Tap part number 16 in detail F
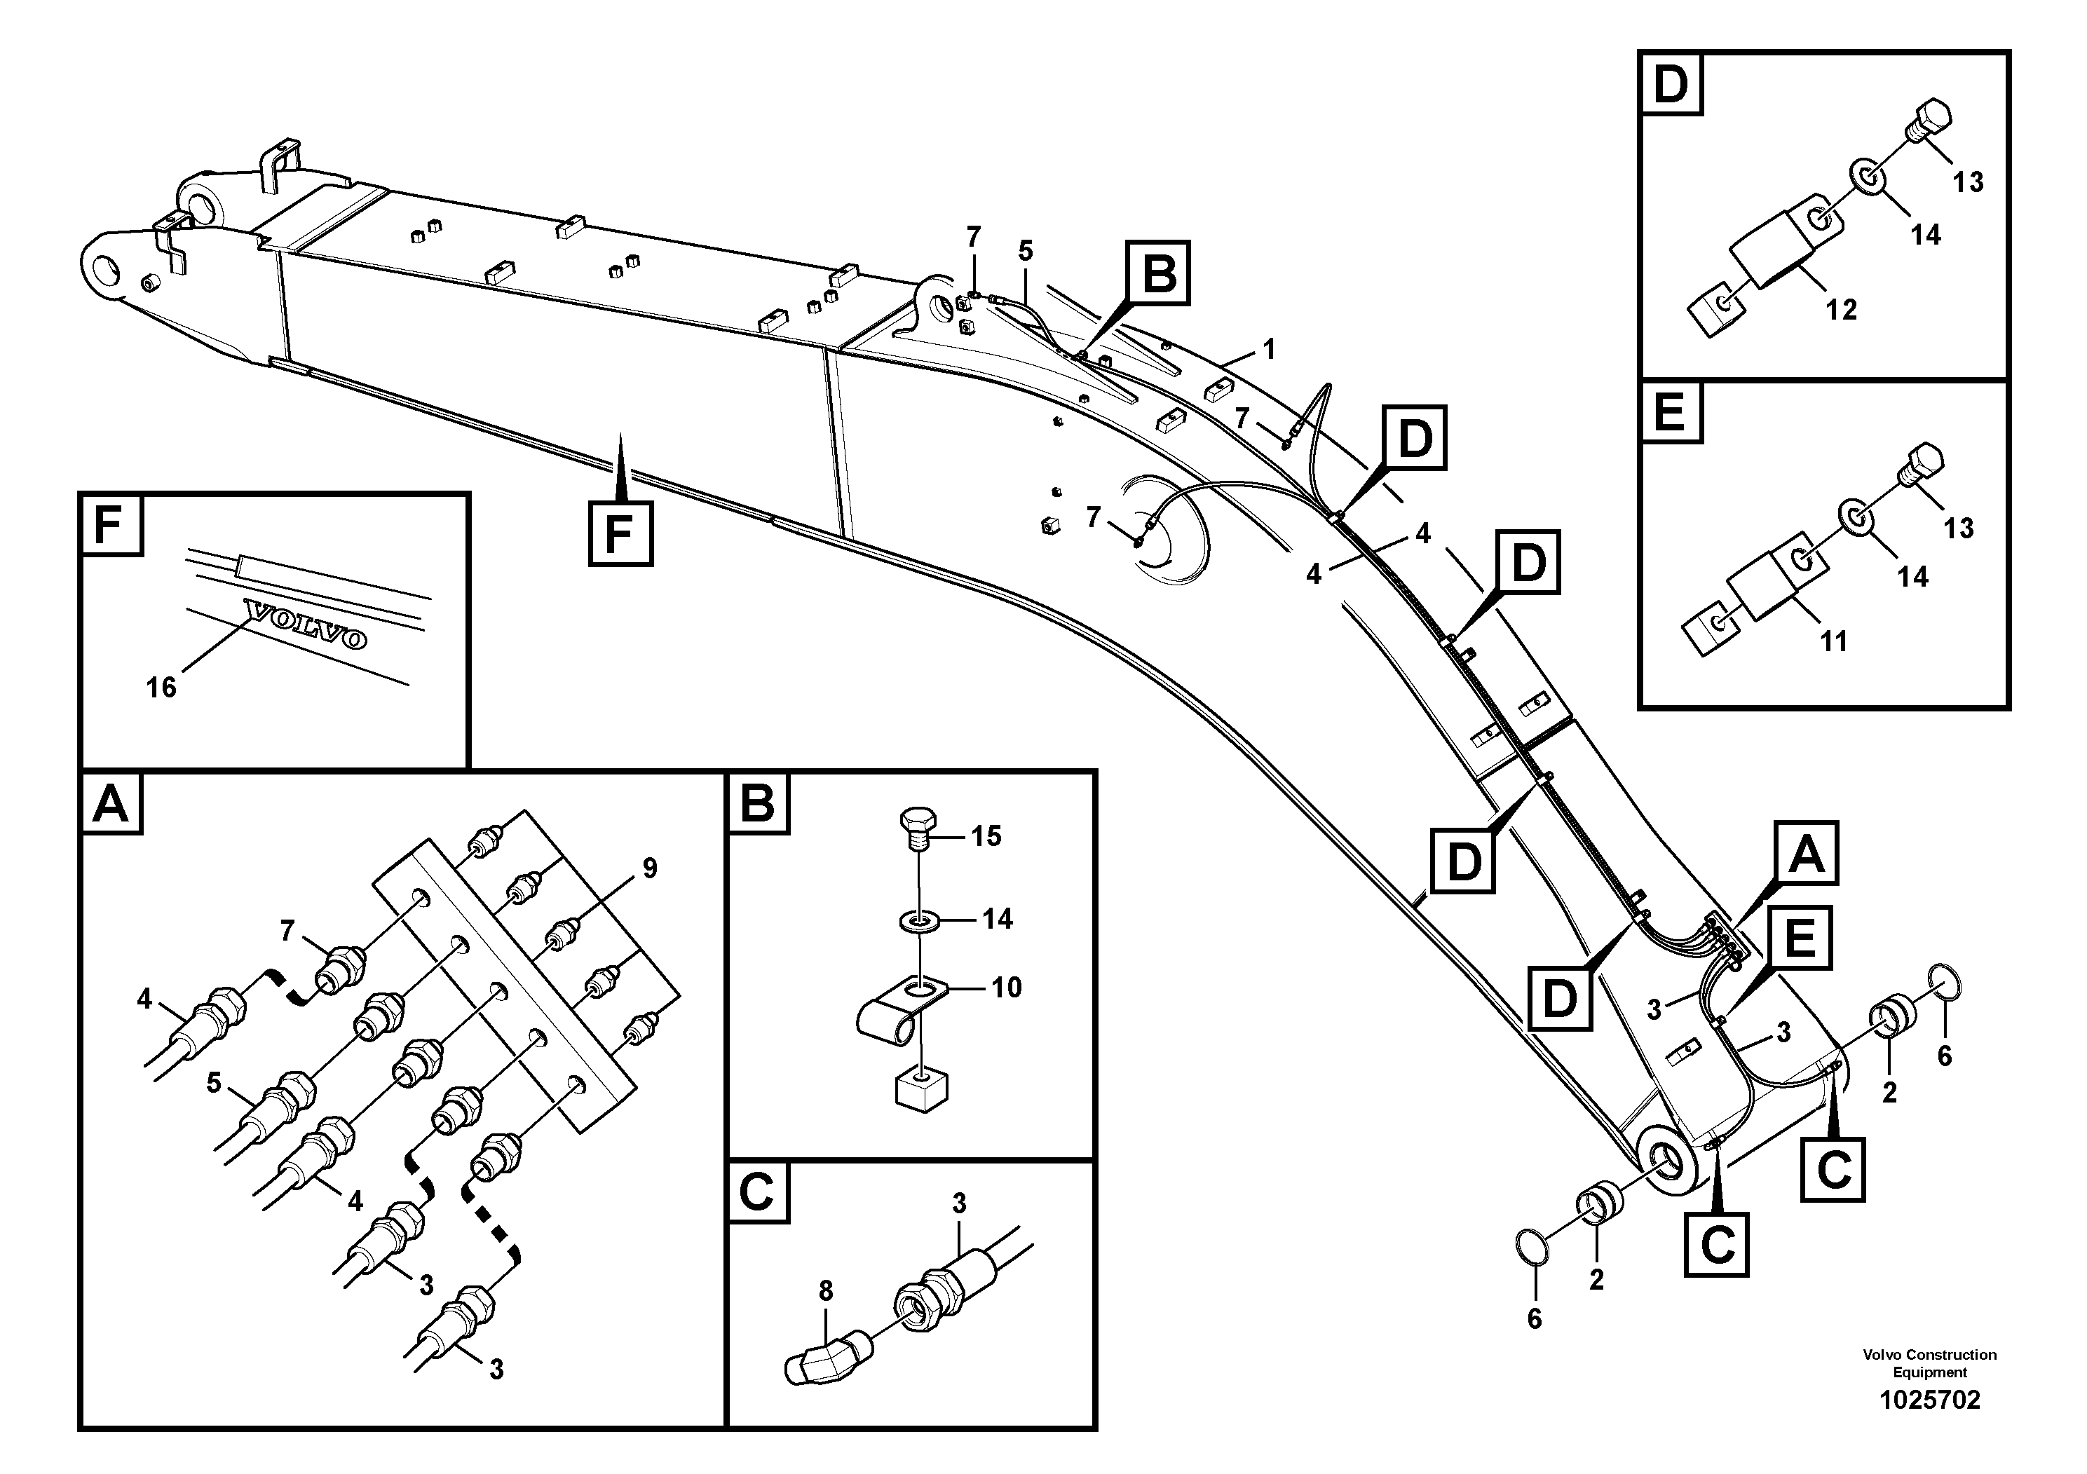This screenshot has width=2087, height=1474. pyautogui.click(x=161, y=688)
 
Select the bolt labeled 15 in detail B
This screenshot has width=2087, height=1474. pyautogui.click(x=917, y=828)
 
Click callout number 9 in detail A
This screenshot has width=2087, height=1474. pyautogui.click(x=649, y=868)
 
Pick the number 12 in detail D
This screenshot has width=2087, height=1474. pyautogui.click(x=1841, y=310)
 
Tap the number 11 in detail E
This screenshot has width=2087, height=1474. pyautogui.click(x=1833, y=641)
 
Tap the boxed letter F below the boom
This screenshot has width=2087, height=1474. pyautogui.click(x=619, y=533)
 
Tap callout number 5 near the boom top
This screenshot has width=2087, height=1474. pyautogui.click(x=1026, y=251)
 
